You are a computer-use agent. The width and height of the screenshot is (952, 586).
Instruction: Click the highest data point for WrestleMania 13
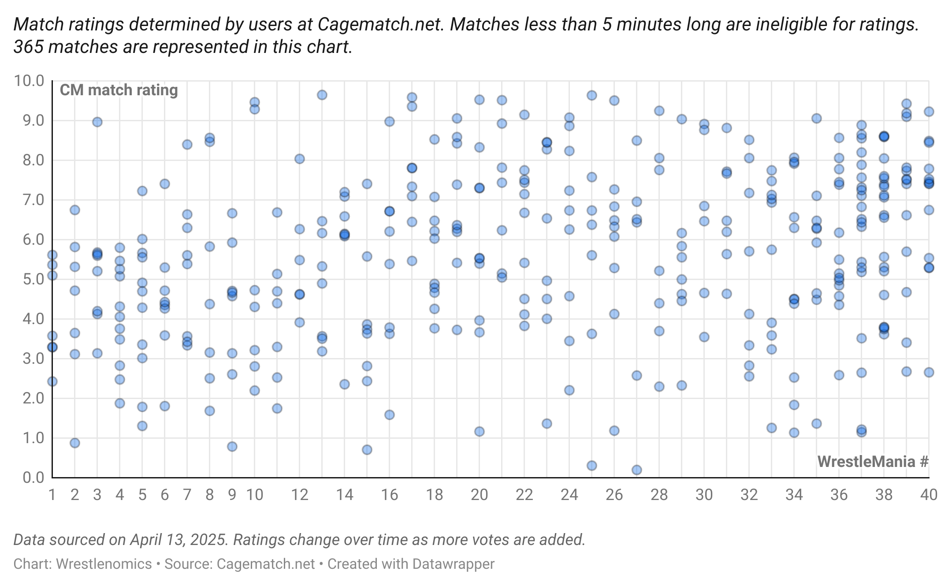click(322, 95)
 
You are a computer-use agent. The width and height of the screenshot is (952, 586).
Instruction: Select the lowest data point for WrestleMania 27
click(636, 470)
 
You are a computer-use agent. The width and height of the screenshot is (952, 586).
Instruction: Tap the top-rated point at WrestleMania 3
click(97, 122)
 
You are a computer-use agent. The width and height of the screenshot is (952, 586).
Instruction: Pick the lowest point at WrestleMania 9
click(232, 447)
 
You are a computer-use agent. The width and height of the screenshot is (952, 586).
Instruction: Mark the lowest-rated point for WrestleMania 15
click(367, 450)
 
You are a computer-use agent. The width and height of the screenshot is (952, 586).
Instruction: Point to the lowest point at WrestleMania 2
click(75, 443)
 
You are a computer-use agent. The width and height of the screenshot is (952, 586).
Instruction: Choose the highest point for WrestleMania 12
click(300, 159)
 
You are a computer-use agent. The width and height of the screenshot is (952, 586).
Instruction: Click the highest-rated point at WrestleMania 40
click(929, 112)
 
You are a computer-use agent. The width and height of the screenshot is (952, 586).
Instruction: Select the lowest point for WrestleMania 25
click(592, 466)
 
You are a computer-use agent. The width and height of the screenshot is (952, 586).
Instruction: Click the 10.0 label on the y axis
click(29, 81)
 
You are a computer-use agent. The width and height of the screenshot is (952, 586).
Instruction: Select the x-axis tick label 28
click(659, 495)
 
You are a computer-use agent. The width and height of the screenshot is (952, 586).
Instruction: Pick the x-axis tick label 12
click(300, 495)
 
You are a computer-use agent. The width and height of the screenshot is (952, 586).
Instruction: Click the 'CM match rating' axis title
click(119, 90)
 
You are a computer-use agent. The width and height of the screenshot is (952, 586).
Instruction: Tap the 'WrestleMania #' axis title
click(873, 462)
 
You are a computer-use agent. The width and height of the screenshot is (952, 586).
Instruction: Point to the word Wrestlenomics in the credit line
click(104, 564)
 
